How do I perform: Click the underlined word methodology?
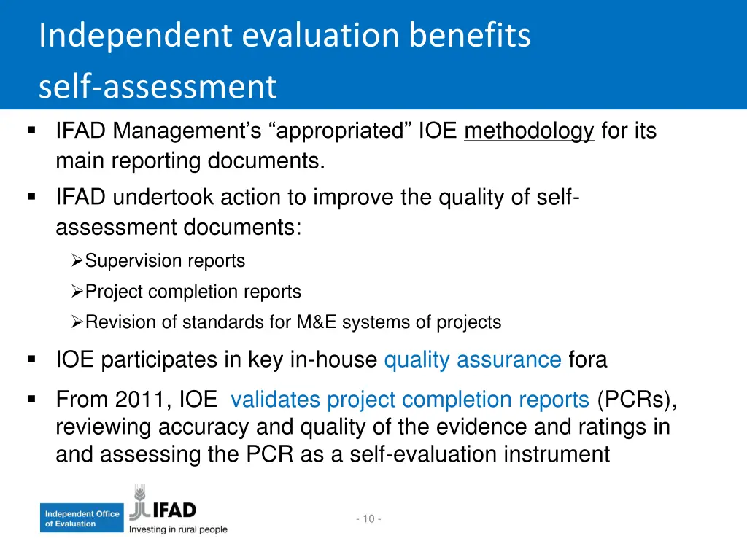(x=529, y=131)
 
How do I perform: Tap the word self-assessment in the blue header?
(x=158, y=87)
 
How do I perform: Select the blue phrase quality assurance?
(x=472, y=359)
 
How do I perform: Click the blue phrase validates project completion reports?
(x=409, y=400)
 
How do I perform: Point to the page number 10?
(x=368, y=518)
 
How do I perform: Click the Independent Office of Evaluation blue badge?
(x=82, y=518)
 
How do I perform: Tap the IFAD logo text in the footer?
(x=173, y=509)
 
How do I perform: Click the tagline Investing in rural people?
(x=178, y=529)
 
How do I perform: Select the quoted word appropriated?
(x=341, y=131)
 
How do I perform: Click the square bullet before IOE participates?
(x=31, y=359)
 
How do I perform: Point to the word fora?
(x=587, y=359)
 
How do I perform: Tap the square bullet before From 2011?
(x=31, y=399)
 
